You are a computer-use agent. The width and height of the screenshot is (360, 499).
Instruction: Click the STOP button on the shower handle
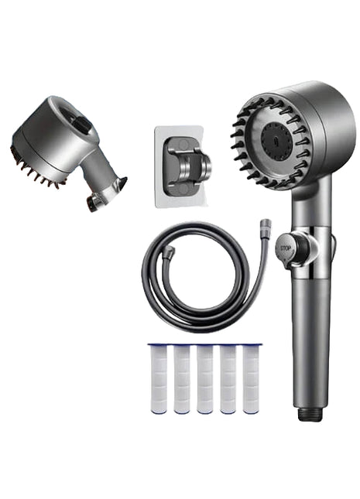click(285, 248)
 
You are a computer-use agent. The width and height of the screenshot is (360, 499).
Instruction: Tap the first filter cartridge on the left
click(159, 378)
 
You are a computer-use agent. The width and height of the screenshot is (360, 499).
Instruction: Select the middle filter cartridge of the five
click(205, 378)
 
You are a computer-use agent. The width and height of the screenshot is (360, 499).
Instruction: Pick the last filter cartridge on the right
click(252, 378)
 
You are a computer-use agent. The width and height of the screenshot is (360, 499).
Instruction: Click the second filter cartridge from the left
click(182, 378)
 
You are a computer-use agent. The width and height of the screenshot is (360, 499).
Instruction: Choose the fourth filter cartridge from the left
click(228, 378)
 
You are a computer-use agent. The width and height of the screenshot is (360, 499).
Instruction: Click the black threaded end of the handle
click(310, 414)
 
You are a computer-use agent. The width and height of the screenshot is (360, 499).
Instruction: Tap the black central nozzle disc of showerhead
click(276, 141)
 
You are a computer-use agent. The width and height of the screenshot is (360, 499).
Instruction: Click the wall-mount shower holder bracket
click(188, 166)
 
